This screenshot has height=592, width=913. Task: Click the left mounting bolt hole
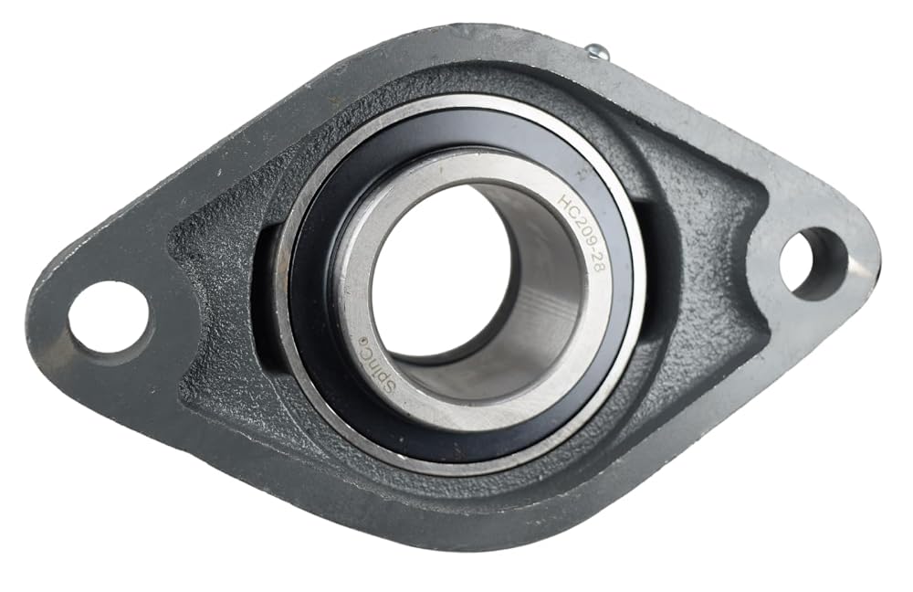pos(108,318)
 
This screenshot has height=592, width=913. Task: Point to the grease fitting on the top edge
pos(596,53)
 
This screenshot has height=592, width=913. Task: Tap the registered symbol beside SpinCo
pos(362,341)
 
